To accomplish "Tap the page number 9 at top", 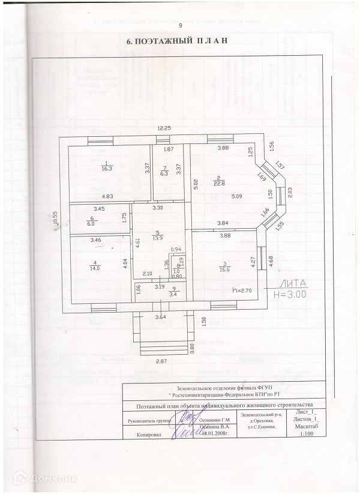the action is [180, 26].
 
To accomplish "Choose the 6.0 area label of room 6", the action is [92, 223].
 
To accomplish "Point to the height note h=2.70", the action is [242, 290].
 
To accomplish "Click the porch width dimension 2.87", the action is [161, 361].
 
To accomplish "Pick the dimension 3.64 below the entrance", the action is [161, 316].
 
